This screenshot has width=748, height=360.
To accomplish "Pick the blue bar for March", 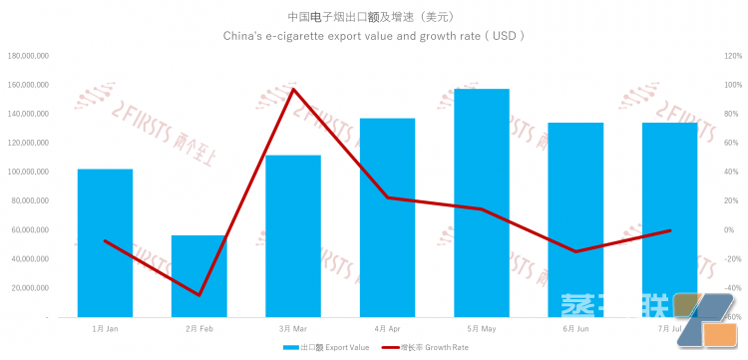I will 293,235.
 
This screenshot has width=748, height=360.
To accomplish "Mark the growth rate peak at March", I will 293,89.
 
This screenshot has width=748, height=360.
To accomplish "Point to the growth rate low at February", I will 198,295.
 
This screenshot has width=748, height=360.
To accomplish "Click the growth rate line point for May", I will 482,209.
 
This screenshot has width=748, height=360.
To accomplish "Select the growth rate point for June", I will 575,251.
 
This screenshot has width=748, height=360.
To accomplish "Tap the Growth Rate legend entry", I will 428,348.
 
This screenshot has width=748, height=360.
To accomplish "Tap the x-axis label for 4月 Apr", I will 387,328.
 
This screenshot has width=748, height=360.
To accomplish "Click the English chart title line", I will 374,36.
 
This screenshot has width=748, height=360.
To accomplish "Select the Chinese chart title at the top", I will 374,16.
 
